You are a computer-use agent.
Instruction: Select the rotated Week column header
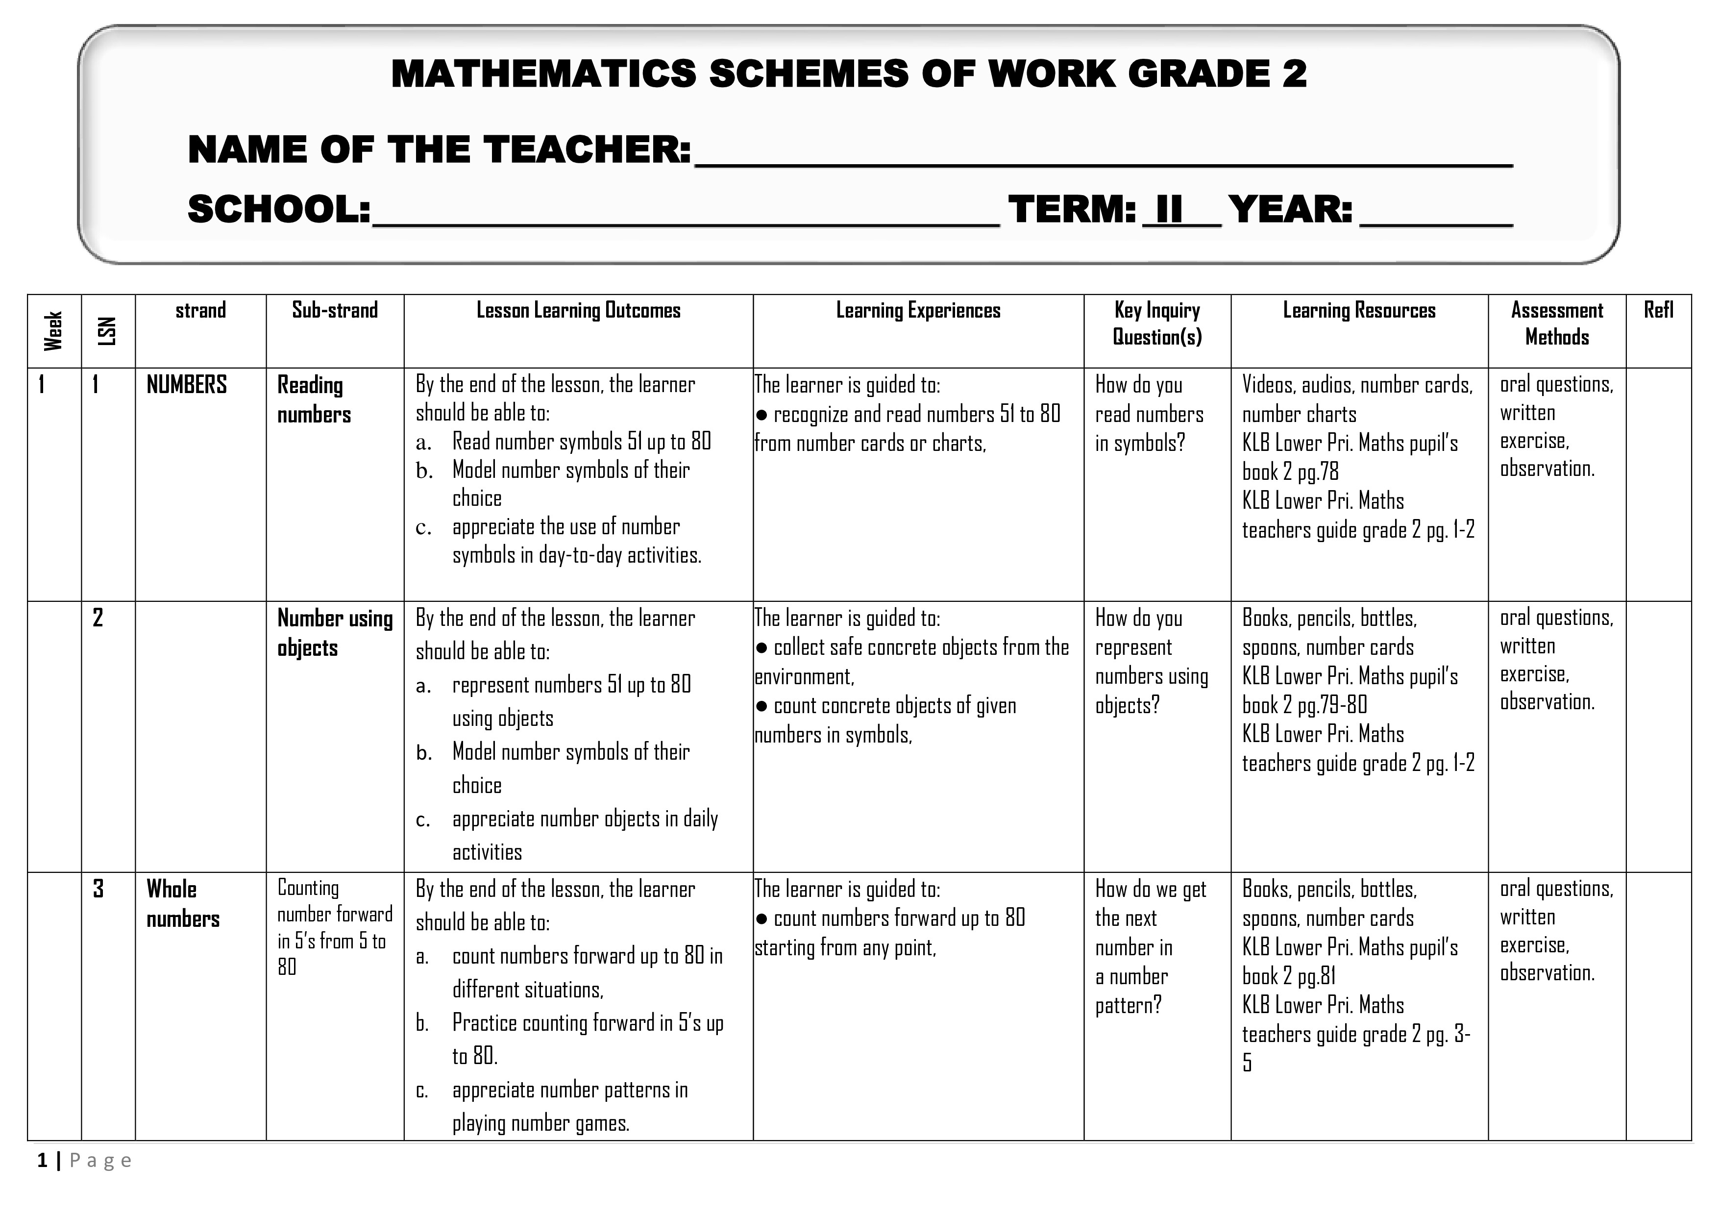[x=53, y=330]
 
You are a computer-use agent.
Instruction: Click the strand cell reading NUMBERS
[x=186, y=385]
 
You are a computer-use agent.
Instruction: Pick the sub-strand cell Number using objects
[x=335, y=633]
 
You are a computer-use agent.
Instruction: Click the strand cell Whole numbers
[x=183, y=904]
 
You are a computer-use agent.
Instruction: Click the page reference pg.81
[x=1317, y=976]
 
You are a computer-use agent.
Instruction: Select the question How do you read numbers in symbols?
[x=1149, y=414]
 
